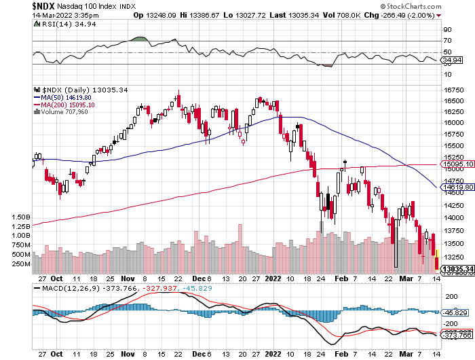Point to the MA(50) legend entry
click(65, 97)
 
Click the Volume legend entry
click(65, 112)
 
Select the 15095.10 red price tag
click(457, 164)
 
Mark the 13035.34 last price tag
click(457, 270)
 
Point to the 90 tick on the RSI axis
click(447, 30)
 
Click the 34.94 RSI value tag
click(452, 60)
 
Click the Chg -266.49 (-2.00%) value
click(411, 15)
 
